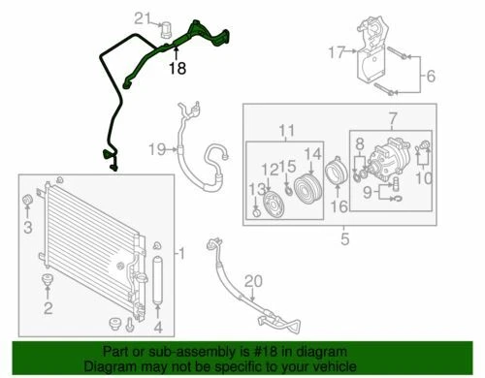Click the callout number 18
pos(177,69)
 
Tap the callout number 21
pos(142,17)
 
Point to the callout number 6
pos(431,75)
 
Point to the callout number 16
pos(339,206)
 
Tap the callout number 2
pos(47,309)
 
